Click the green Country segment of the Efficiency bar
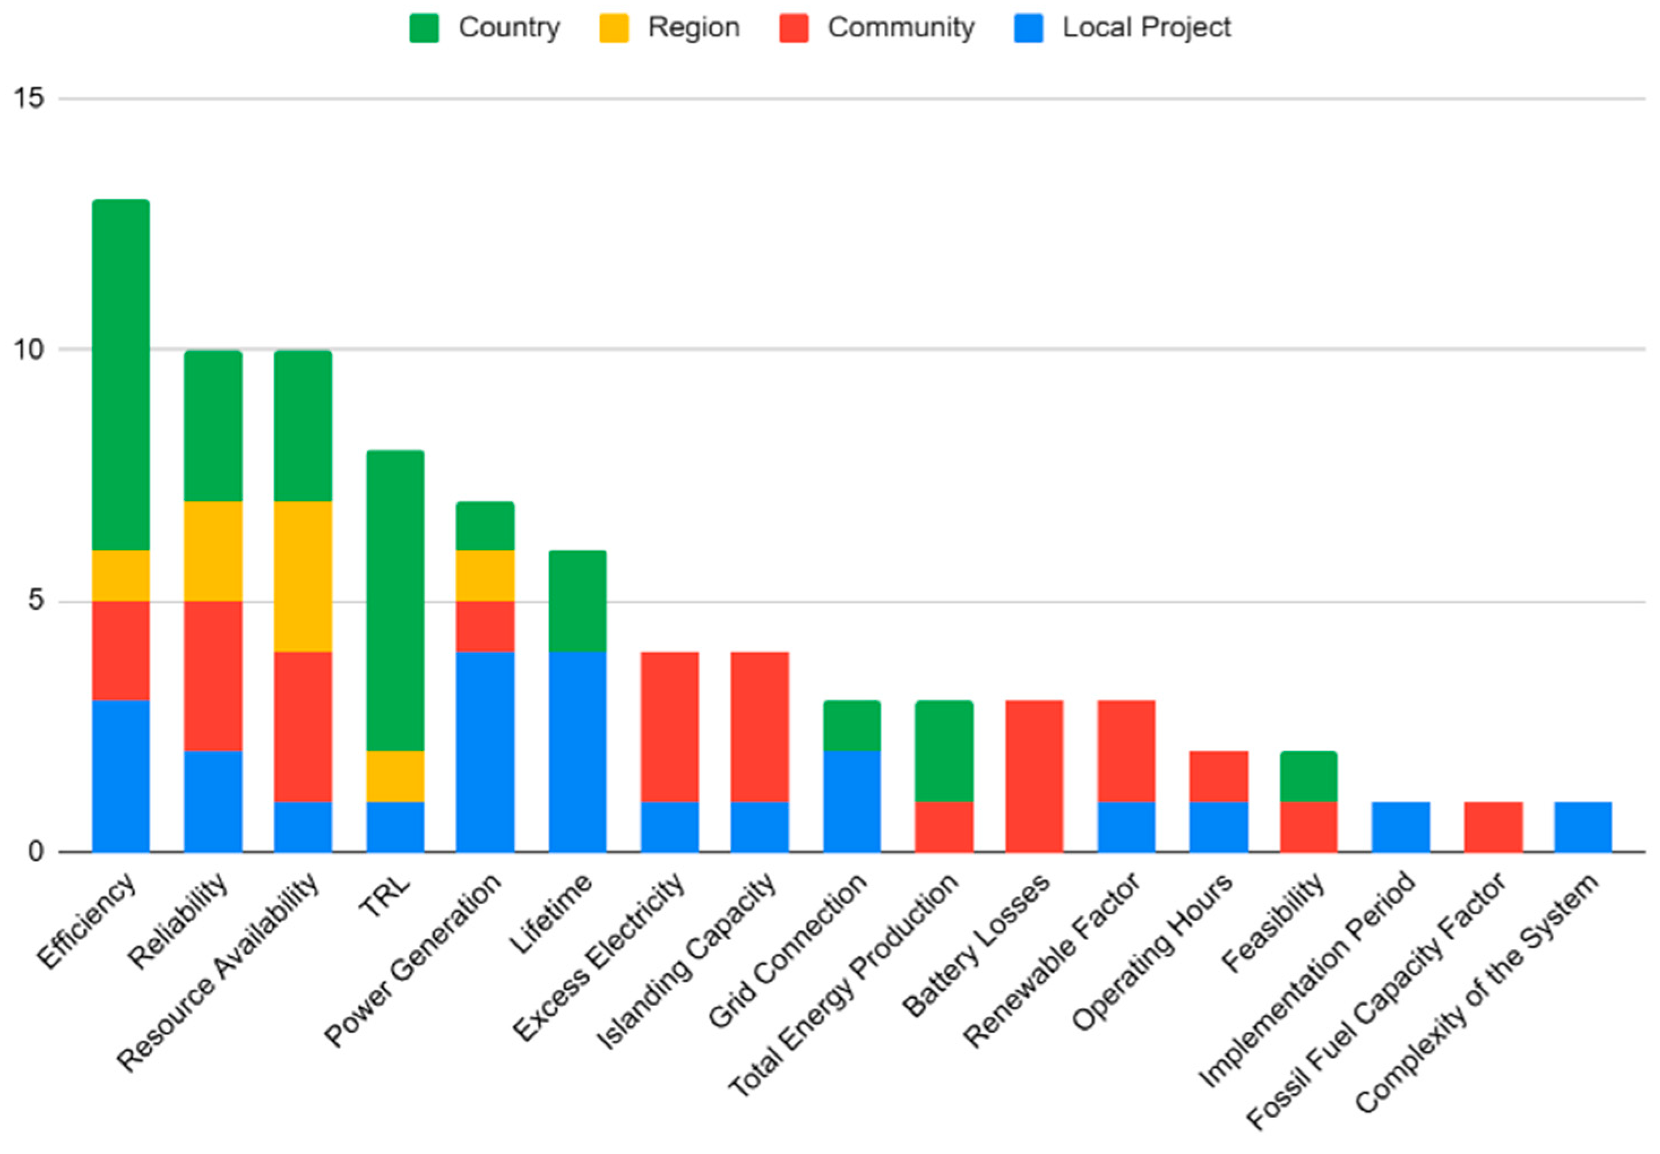pos(120,374)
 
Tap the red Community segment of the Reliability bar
pos(213,675)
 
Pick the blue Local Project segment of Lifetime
pos(577,751)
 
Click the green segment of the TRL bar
pos(395,600)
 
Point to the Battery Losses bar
pos(1034,776)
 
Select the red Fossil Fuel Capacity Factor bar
pos(1493,826)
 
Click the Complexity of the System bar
pos(1583,826)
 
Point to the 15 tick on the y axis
pos(29,98)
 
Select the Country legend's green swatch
pos(424,28)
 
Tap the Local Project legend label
pos(1146,28)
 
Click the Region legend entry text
pos(693,28)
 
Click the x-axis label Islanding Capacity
pos(687,963)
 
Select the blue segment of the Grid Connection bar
pos(852,801)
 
